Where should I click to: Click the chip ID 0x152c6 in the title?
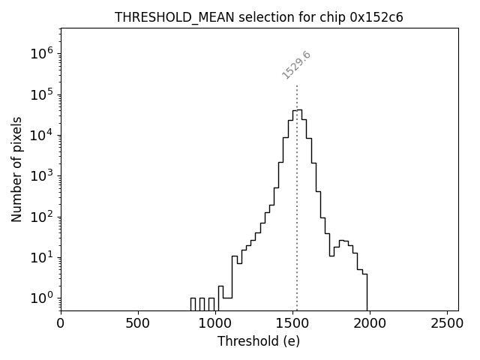pyautogui.click(x=376, y=18)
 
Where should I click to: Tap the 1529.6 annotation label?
pyautogui.click(x=296, y=65)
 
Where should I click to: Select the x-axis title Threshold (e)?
pyautogui.click(x=259, y=341)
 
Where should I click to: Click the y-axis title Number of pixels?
pyautogui.click(x=16, y=169)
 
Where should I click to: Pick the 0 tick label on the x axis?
pyautogui.click(x=61, y=324)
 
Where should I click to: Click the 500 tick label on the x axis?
pyautogui.click(x=138, y=324)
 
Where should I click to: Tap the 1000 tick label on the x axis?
pyautogui.click(x=215, y=324)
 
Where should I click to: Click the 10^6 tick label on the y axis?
pyautogui.click(x=42, y=53)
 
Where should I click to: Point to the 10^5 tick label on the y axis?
pyautogui.click(x=42, y=94)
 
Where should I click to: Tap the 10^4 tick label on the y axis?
pyautogui.click(x=42, y=135)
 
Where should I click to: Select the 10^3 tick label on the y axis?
pyautogui.click(x=42, y=175)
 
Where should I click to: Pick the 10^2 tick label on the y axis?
pyautogui.click(x=42, y=217)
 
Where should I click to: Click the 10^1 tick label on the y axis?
pyautogui.click(x=42, y=257)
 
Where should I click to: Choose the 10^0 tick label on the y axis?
pyautogui.click(x=42, y=298)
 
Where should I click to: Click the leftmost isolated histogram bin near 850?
pyautogui.click(x=193, y=304)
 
